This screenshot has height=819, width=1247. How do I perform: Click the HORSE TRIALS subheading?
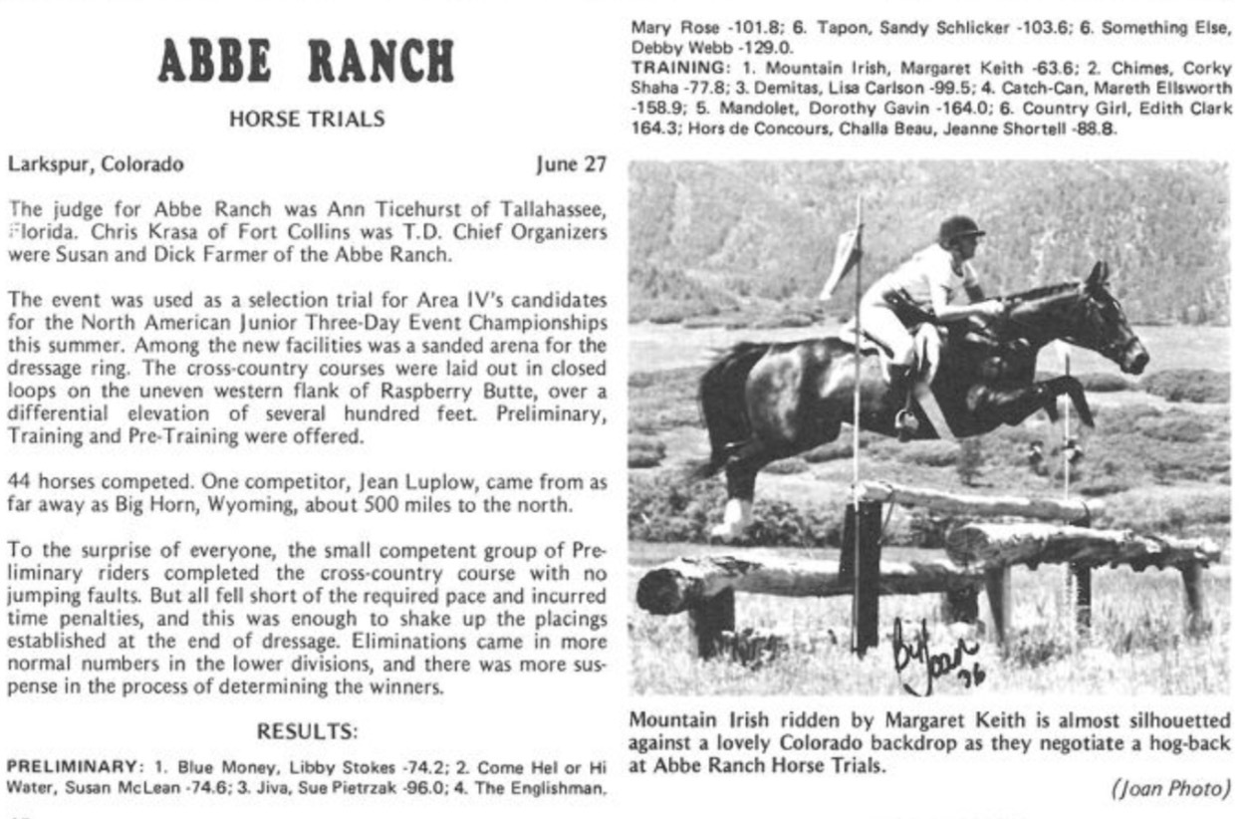pyautogui.click(x=306, y=120)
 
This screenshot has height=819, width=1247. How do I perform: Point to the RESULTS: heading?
pyautogui.click(x=307, y=730)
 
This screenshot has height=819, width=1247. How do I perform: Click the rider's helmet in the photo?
pyautogui.click(x=960, y=228)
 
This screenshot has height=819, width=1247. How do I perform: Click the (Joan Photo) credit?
pyautogui.click(x=1169, y=789)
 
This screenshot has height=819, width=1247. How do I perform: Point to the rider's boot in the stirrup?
pyautogui.click(x=906, y=423)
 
